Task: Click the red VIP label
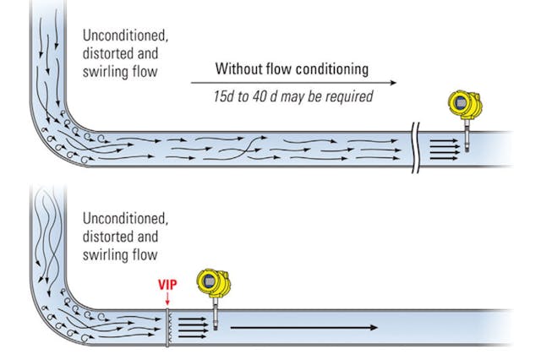pos(167,285)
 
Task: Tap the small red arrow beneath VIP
pos(167,298)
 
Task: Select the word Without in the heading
pos(240,68)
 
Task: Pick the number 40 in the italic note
pos(261,96)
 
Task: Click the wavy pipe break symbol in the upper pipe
pos(415,147)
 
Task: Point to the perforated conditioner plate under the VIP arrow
pos(168,326)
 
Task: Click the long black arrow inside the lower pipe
pos(304,326)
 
